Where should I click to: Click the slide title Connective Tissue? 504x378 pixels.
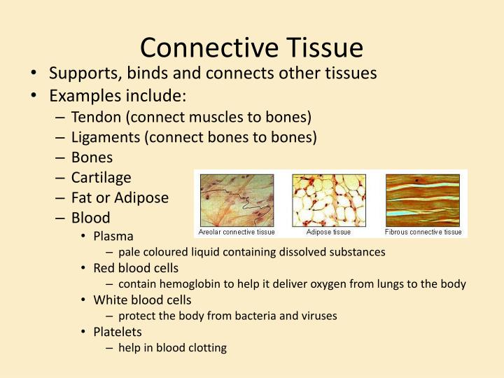pos(251,48)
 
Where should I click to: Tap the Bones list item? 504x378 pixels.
pos(92,157)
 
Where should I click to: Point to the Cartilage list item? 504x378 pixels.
pos(101,178)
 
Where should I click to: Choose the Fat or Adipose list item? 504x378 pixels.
pos(120,198)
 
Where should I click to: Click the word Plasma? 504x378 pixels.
pos(113,237)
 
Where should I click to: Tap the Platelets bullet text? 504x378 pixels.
pos(117,332)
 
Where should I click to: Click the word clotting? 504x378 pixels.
pos(207,348)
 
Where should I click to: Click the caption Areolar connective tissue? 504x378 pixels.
pos(237,232)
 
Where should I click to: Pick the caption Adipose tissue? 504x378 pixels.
pos(329,232)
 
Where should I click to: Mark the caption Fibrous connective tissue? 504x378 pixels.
pos(423,232)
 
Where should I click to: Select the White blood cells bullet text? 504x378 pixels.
pos(142,300)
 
